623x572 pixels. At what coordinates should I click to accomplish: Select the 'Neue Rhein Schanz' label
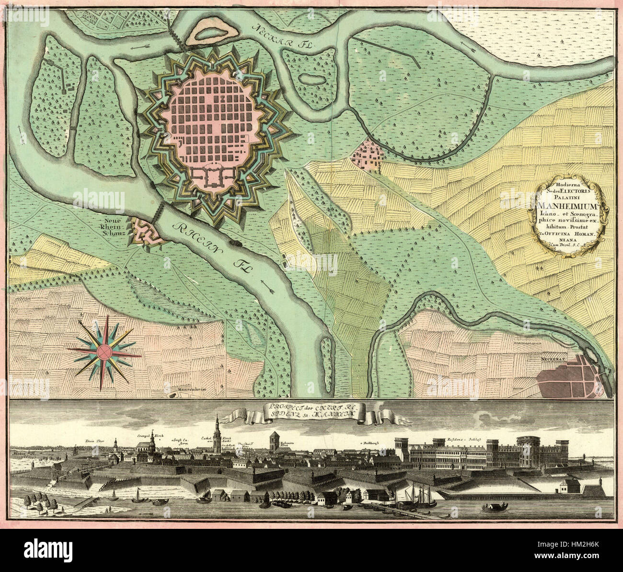tap(112, 226)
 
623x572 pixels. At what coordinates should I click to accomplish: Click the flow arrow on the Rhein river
tap(270, 289)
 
